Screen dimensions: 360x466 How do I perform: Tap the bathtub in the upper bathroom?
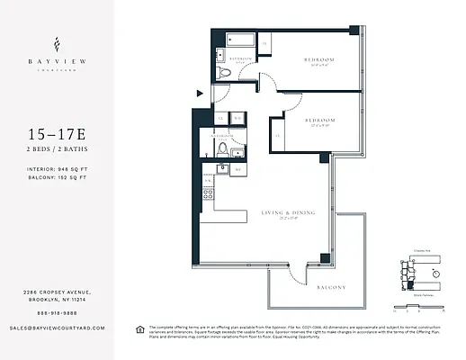[x=239, y=40]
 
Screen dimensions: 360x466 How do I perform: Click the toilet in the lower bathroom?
[x=222, y=150]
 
